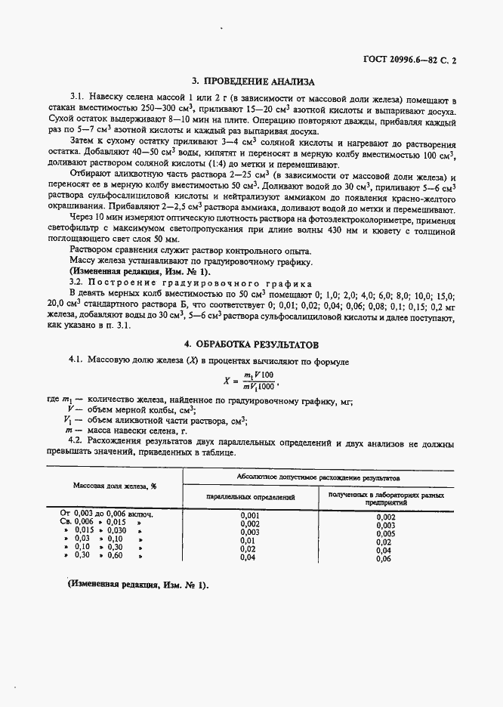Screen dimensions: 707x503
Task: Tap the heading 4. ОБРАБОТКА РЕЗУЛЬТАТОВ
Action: [252, 344]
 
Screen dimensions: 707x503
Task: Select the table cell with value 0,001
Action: [250, 515]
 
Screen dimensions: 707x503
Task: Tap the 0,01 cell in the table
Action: [248, 541]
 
